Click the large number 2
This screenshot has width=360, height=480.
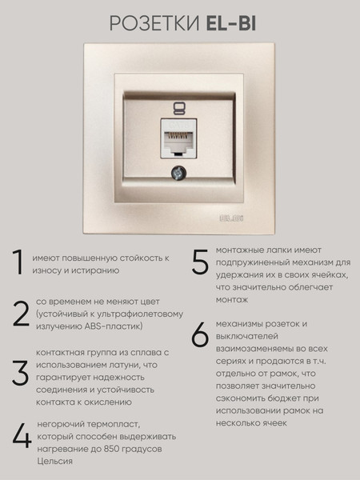[x=21, y=314]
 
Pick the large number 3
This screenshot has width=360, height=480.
[x=20, y=373]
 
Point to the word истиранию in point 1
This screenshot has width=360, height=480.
[x=95, y=270]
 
